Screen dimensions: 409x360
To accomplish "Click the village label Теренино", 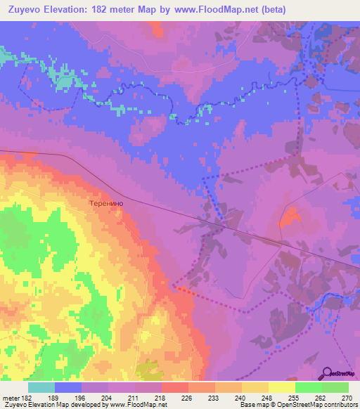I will tap(107, 202).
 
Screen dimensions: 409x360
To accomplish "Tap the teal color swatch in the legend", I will tap(41, 387).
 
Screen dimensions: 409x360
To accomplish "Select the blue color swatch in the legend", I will tap(68, 387).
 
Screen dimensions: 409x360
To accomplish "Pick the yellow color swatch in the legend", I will tap(281, 387).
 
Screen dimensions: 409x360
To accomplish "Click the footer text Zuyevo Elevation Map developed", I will tap(56, 405).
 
